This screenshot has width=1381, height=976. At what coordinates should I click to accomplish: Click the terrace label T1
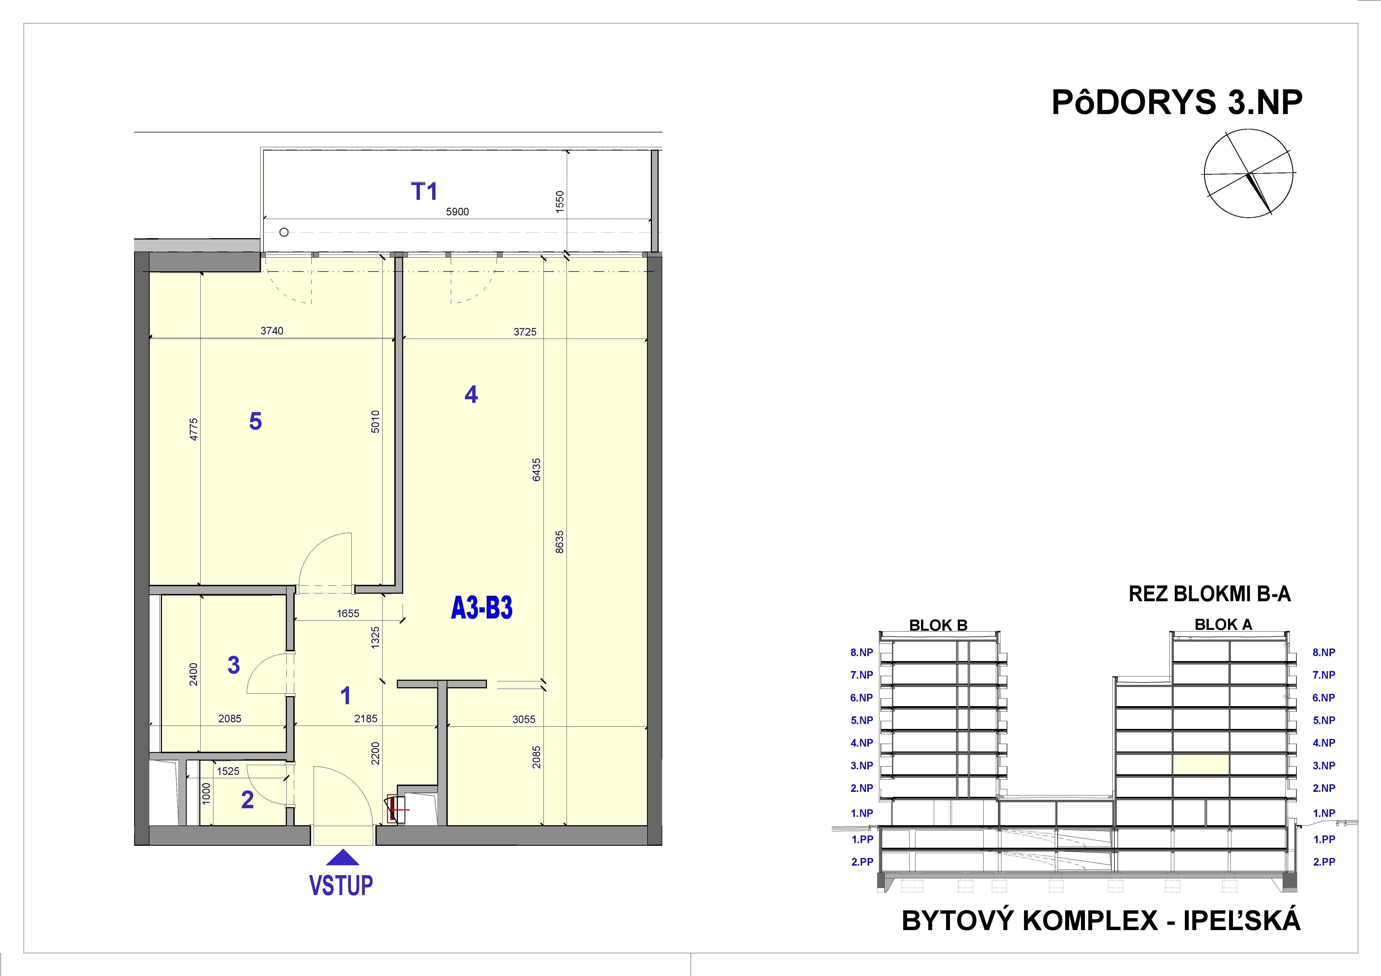(x=424, y=191)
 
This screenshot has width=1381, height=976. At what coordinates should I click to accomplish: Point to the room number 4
(x=471, y=395)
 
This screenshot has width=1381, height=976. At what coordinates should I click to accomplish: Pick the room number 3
(x=233, y=665)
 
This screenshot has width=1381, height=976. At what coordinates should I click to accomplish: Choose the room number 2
(x=247, y=800)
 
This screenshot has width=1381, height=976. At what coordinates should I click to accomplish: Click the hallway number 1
(x=345, y=696)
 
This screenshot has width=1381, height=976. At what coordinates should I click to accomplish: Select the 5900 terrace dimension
(x=457, y=212)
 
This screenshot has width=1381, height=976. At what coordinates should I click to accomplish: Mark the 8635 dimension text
(x=559, y=541)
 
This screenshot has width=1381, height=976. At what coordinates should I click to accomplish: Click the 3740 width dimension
(x=272, y=331)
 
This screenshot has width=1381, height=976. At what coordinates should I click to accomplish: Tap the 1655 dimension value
(x=348, y=613)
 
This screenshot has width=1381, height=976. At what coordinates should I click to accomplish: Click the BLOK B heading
(x=938, y=625)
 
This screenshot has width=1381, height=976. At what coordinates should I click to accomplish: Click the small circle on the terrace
(x=284, y=232)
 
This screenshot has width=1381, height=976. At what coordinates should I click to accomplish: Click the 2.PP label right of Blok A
(x=1324, y=862)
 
